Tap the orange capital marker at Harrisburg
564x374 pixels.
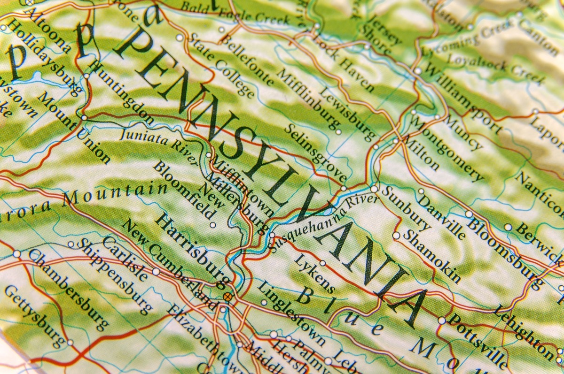pos(228,296)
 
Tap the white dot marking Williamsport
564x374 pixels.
pos(418,71)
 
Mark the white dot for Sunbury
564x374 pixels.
pos(374,189)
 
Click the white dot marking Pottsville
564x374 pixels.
pos(442,321)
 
